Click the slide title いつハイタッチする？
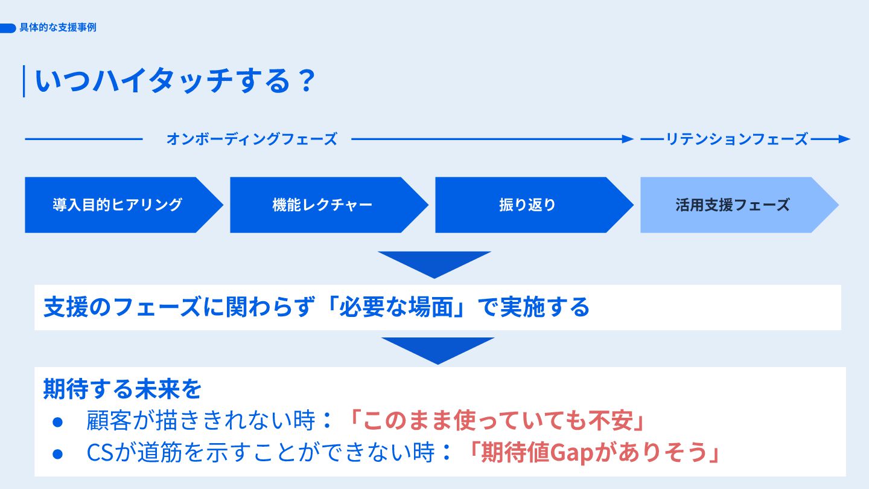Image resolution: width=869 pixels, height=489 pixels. (x=175, y=81)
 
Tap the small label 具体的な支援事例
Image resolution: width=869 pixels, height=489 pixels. (x=58, y=28)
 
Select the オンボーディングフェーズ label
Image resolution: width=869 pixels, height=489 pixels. (x=251, y=139)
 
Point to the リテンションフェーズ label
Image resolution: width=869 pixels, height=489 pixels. (x=736, y=139)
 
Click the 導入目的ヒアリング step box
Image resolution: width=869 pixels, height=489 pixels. (x=118, y=205)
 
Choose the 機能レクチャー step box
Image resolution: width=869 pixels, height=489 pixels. (x=323, y=205)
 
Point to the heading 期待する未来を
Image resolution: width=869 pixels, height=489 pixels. (x=123, y=389)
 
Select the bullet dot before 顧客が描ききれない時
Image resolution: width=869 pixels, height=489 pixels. (x=58, y=421)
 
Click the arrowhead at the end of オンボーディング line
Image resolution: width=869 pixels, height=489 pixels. (x=628, y=139)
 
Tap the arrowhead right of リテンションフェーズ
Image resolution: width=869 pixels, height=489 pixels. (x=844, y=139)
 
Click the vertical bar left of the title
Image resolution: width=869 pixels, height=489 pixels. (x=24, y=81)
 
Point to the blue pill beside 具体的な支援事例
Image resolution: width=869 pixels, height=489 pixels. (x=8, y=28)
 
